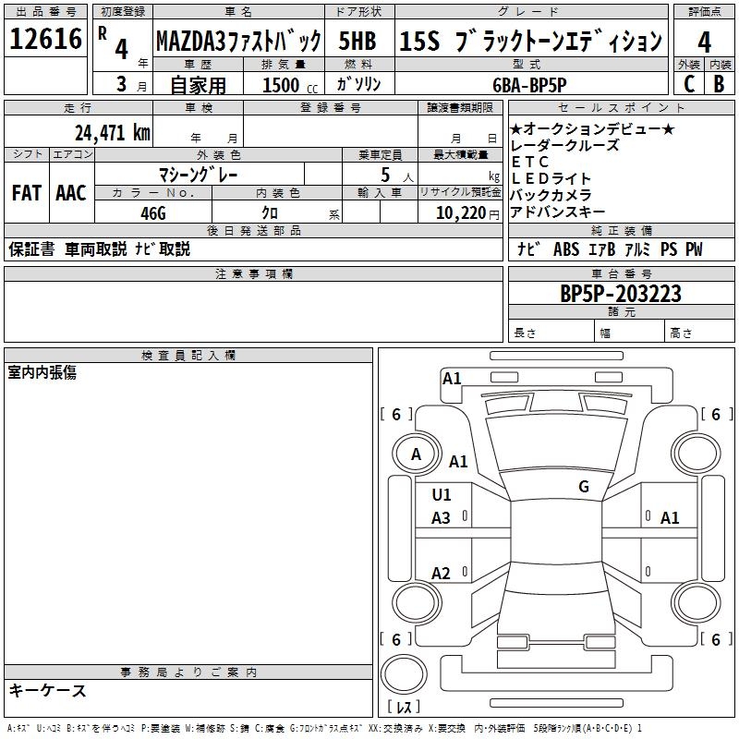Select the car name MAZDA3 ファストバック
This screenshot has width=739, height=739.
click(237, 42)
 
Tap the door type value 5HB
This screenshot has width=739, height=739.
click(357, 42)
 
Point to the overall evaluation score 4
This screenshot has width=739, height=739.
click(705, 42)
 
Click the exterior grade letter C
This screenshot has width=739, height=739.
click(689, 83)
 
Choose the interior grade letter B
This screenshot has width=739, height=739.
click(720, 83)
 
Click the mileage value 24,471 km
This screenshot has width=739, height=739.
click(112, 132)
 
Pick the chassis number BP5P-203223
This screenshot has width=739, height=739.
click(621, 294)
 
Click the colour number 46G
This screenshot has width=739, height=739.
click(152, 212)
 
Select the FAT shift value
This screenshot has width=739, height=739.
click(26, 193)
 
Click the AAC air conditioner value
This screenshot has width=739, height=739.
click(71, 193)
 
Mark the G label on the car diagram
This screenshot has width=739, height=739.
click(584, 486)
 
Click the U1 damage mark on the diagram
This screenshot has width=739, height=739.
click(442, 495)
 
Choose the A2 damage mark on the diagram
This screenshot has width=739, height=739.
click(442, 574)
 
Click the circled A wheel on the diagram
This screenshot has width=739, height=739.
click(416, 454)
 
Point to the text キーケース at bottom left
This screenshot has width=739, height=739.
click(48, 690)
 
